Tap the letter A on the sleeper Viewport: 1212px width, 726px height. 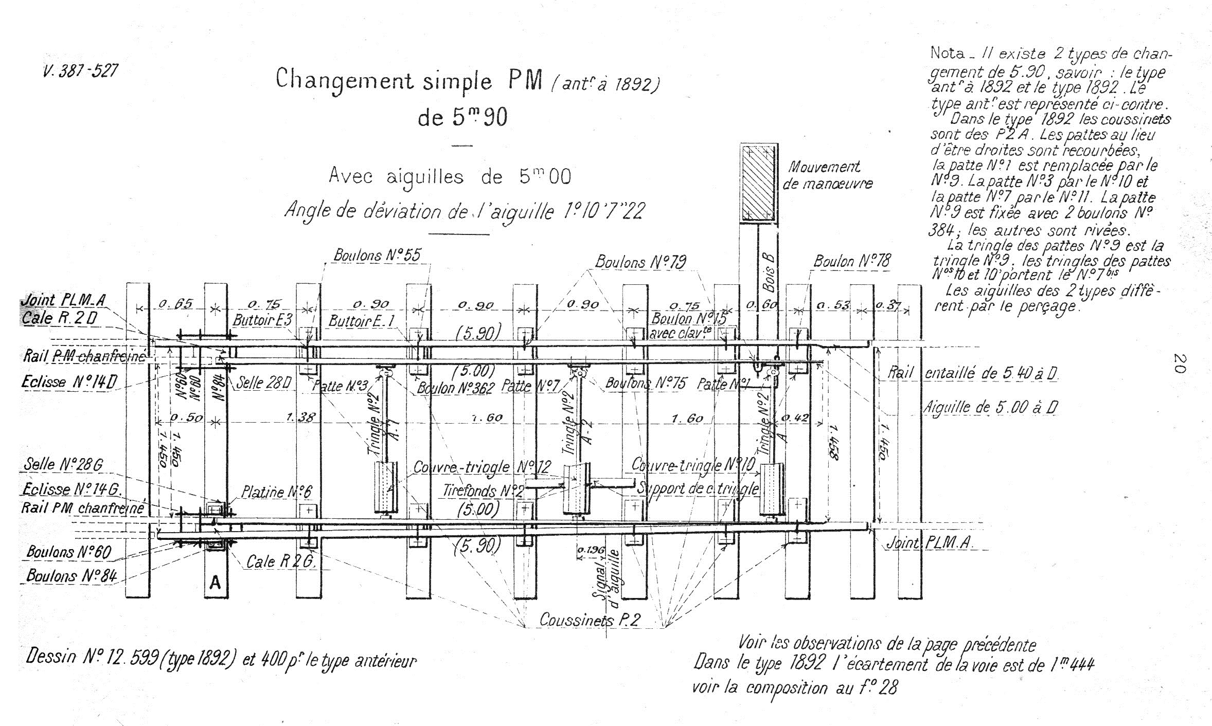point(216,583)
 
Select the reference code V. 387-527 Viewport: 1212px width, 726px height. point(80,70)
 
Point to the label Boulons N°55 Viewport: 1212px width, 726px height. point(377,255)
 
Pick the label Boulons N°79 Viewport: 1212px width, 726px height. point(640,262)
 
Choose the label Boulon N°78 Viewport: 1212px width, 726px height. point(851,261)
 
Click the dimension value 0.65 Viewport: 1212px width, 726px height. point(175,304)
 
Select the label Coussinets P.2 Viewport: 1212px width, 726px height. point(590,620)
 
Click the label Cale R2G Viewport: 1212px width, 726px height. point(281,561)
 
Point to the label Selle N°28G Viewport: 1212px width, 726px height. point(63,464)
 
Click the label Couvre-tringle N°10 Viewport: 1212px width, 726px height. point(692,465)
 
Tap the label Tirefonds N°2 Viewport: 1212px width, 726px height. point(483,491)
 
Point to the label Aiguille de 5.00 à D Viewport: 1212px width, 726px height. point(990,408)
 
